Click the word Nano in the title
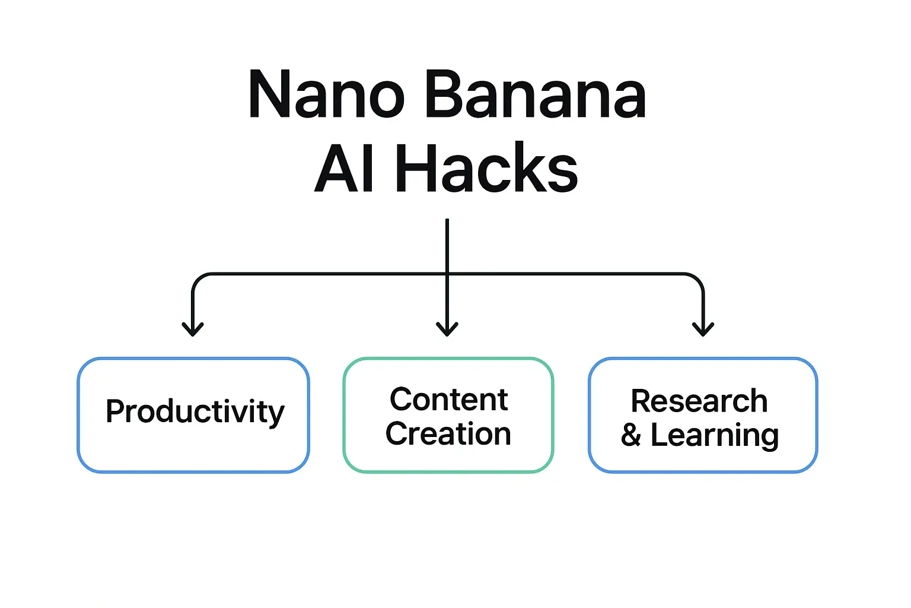click(326, 95)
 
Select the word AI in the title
click(345, 169)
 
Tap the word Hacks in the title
click(486, 169)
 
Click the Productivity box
click(193, 414)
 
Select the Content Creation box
click(448, 414)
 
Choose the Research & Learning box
click(703, 414)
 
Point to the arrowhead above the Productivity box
click(193, 329)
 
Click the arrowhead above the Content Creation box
click(447, 329)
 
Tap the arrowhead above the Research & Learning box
click(703, 329)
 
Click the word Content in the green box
click(449, 400)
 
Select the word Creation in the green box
click(448, 434)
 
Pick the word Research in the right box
click(699, 401)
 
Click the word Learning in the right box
click(715, 436)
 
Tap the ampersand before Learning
click(631, 436)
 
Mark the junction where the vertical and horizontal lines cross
click(447, 274)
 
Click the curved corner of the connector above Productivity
click(198, 280)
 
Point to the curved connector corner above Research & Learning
click(697, 280)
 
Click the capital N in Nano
click(267, 95)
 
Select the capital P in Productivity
click(115, 411)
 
